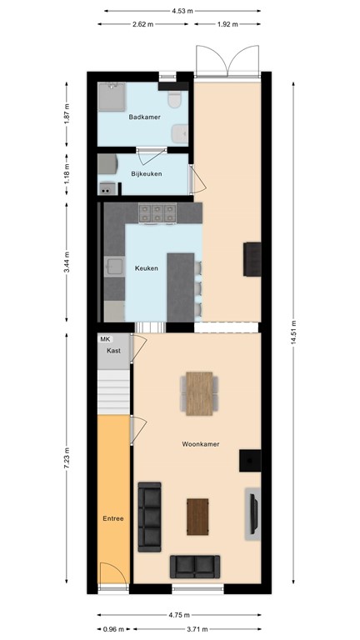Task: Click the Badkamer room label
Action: pos(144,117)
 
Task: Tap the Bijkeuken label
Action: pos(147,173)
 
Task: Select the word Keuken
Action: pos(147,268)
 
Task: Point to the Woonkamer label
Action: pos(200,445)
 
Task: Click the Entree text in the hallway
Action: pos(113,518)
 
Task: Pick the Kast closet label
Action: pos(113,352)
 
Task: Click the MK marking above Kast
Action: pos(105,340)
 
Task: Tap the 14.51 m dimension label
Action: pos(293,337)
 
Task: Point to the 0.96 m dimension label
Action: pos(113,629)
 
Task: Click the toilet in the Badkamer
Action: pos(174,100)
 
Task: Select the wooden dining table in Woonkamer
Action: pos(200,392)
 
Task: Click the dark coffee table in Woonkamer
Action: pos(197,516)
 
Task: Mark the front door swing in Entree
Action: pos(112,577)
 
